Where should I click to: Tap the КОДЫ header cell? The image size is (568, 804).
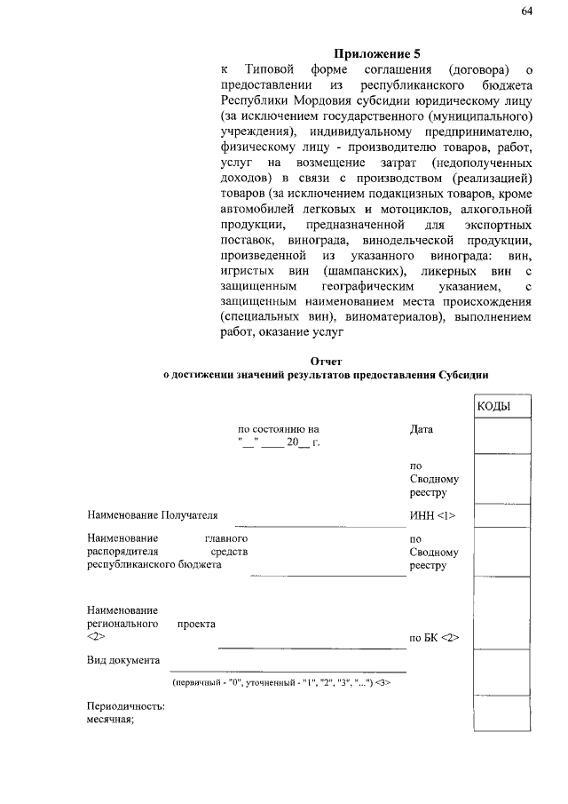493,406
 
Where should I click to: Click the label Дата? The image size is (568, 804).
422,429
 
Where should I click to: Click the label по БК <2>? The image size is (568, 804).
434,638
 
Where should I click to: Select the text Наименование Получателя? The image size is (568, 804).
152,514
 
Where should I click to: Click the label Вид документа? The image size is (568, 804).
123,660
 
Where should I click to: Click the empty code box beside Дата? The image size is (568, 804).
501,435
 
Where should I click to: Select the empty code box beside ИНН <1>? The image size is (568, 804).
501,516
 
